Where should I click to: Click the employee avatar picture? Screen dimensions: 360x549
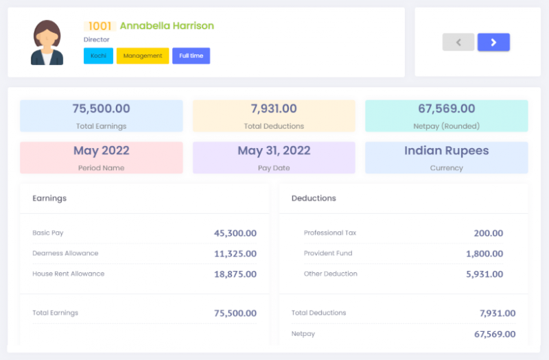tap(47, 43)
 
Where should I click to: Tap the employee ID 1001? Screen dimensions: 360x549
tap(100, 26)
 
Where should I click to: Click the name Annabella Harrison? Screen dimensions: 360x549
tap(167, 26)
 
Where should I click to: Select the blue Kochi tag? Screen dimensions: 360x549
tap(98, 56)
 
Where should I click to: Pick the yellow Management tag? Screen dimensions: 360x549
tap(143, 56)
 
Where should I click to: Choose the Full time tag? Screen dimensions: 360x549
tap(191, 56)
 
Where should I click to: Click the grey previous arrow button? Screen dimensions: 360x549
tap(458, 43)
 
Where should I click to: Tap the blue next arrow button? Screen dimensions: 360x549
tap(493, 43)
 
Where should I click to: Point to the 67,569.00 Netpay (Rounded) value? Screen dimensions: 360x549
tap(446, 108)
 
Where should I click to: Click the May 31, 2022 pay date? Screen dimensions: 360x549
tap(274, 151)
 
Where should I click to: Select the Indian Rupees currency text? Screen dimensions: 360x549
tap(446, 151)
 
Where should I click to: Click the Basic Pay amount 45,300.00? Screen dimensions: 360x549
tap(235, 233)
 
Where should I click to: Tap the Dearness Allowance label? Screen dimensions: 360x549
tap(65, 253)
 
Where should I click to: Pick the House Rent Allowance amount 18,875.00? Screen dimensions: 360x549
tap(235, 274)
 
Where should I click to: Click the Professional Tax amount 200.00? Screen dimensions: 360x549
tap(488, 233)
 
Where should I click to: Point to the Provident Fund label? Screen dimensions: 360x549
tap(328, 253)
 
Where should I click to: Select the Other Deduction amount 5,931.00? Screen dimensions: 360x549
tap(484, 274)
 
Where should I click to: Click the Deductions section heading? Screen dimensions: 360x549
tap(314, 198)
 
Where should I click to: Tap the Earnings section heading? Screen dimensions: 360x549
tap(49, 198)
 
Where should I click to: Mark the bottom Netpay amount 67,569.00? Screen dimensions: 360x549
tap(494, 334)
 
